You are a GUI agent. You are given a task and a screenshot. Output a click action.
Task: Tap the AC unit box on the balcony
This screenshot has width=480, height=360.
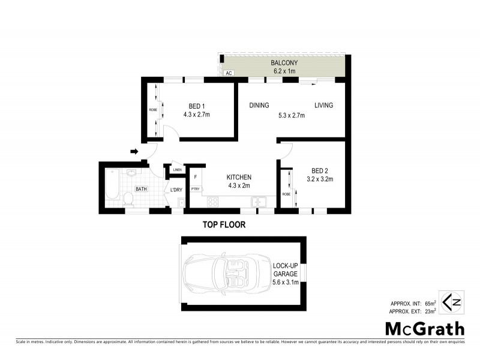(228, 73)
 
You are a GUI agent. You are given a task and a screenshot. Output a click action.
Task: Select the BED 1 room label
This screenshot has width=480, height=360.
(196, 106)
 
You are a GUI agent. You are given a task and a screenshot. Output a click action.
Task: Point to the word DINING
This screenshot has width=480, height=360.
(259, 106)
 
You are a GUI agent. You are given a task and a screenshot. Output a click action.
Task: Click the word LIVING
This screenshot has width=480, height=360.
(323, 106)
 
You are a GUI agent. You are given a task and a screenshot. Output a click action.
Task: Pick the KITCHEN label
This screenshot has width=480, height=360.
(238, 178)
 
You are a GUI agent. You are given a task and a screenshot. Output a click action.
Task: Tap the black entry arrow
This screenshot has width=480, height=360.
(134, 152)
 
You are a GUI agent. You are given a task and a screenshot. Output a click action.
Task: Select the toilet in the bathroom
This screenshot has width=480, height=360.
(127, 199)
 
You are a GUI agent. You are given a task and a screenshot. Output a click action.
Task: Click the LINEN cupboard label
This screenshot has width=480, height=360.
(177, 170)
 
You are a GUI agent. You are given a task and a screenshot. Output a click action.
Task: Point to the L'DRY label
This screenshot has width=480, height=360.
(176, 190)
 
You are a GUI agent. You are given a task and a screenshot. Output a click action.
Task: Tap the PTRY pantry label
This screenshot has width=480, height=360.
(195, 190)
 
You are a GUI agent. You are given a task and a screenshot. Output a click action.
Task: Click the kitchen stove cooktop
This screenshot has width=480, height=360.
(213, 202)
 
